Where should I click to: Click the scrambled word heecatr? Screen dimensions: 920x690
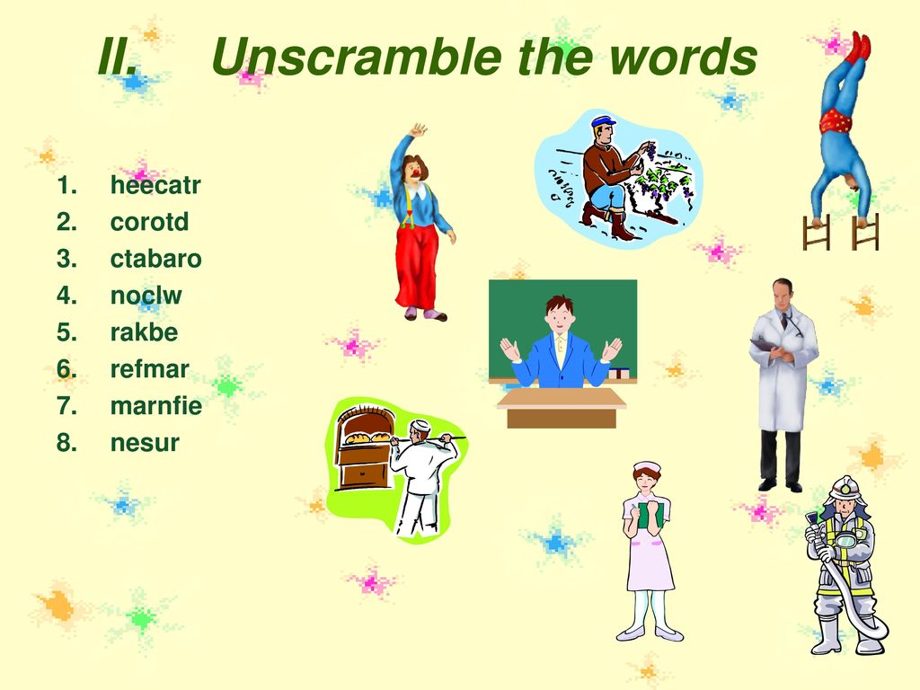(155, 185)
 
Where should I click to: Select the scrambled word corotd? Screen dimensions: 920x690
(150, 222)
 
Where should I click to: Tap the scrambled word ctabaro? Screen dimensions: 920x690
(156, 259)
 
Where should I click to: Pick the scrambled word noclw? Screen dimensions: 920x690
(146, 295)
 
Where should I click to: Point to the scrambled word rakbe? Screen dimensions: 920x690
(145, 332)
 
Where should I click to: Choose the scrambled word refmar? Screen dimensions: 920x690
(150, 369)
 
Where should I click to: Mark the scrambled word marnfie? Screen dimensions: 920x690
(156, 405)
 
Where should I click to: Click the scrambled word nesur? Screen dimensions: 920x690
(145, 442)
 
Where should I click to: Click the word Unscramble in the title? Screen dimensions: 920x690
(357, 57)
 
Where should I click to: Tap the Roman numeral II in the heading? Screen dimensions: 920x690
(118, 57)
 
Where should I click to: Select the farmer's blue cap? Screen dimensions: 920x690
(603, 122)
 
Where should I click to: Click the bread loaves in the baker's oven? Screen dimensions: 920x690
(367, 438)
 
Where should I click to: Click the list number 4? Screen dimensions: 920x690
(66, 295)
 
